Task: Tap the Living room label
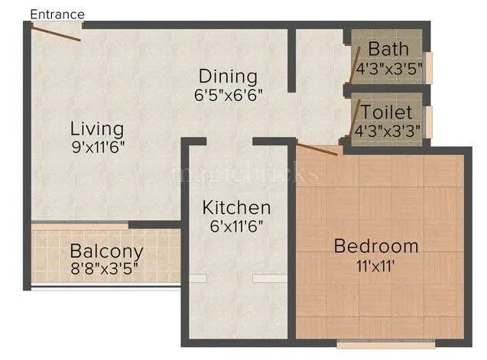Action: point(97,127)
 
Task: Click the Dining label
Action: point(228,76)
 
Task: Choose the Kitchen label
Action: point(236,207)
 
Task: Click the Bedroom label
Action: point(377,246)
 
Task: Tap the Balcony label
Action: point(107,251)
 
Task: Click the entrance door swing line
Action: point(55,32)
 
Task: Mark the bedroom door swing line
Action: point(316,148)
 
